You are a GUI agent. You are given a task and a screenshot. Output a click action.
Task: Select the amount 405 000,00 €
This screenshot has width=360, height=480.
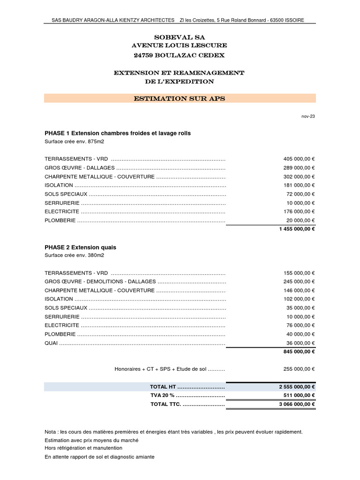coord(299,159)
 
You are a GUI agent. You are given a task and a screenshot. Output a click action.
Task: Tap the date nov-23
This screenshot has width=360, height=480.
coord(308,116)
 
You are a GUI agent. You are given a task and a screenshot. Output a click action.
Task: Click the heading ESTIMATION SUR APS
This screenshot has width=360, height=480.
coord(180,98)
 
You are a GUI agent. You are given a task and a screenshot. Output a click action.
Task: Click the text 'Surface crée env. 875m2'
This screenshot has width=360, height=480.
coord(74,142)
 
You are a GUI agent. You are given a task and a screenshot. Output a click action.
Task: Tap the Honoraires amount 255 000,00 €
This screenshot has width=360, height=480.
coord(299,369)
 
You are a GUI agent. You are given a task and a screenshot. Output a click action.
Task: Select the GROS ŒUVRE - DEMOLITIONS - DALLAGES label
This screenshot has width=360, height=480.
coord(99,282)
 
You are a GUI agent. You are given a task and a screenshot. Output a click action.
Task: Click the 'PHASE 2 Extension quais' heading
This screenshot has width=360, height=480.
coord(80,247)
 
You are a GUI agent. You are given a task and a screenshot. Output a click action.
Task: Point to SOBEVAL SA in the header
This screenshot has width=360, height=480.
coord(180,37)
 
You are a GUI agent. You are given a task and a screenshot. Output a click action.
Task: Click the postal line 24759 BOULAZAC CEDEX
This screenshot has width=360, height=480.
coord(180,55)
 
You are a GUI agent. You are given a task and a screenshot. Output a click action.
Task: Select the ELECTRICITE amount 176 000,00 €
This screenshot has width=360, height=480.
coord(299,211)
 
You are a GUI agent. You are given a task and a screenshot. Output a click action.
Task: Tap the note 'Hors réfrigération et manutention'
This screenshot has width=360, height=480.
coord(83,448)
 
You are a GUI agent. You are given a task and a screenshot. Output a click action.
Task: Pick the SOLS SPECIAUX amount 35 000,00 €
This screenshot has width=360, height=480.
coord(300,308)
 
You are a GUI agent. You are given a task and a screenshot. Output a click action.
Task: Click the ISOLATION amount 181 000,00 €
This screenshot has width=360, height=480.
coord(299,185)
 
